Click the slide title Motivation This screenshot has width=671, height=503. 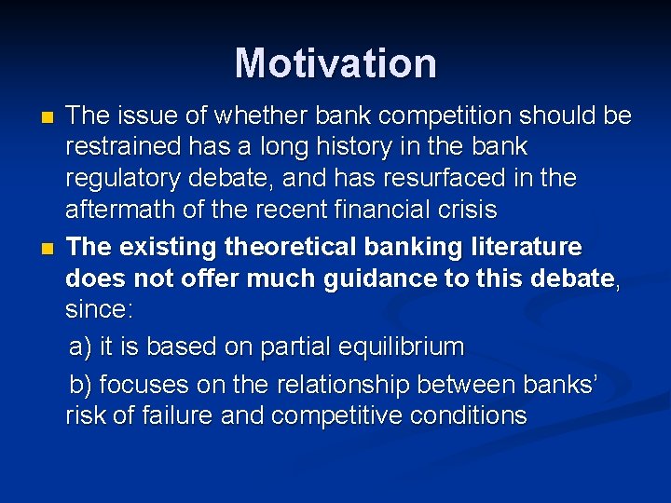(335, 63)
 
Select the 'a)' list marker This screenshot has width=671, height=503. (81, 347)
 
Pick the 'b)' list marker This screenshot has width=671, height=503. (81, 384)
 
